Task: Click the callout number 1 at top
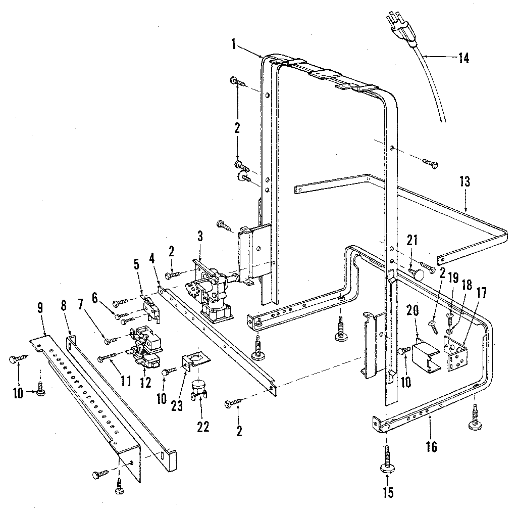click(x=234, y=44)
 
